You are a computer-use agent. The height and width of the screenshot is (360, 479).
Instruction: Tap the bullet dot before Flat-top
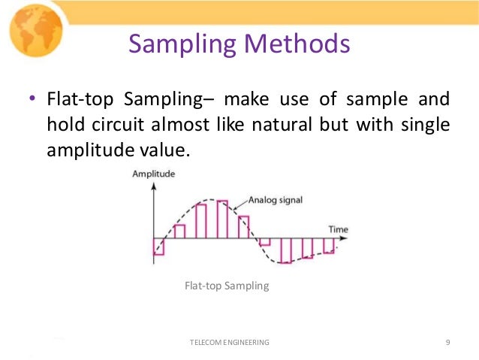(x=32, y=100)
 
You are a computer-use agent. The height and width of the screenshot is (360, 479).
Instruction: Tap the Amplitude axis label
(x=153, y=174)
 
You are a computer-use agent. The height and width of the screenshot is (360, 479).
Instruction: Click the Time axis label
(x=338, y=228)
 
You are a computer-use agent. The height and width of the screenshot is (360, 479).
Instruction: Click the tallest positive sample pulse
(x=222, y=219)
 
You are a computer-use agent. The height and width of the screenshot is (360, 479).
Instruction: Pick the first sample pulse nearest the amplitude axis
(x=158, y=247)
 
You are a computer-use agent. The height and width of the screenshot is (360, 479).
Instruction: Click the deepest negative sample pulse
(x=285, y=250)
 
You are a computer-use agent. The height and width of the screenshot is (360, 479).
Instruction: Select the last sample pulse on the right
(x=328, y=246)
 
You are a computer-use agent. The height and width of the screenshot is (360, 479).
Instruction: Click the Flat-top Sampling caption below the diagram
(x=226, y=286)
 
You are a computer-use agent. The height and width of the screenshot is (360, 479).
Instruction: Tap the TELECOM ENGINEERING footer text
(x=229, y=342)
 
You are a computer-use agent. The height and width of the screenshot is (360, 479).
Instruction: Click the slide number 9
(x=447, y=342)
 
